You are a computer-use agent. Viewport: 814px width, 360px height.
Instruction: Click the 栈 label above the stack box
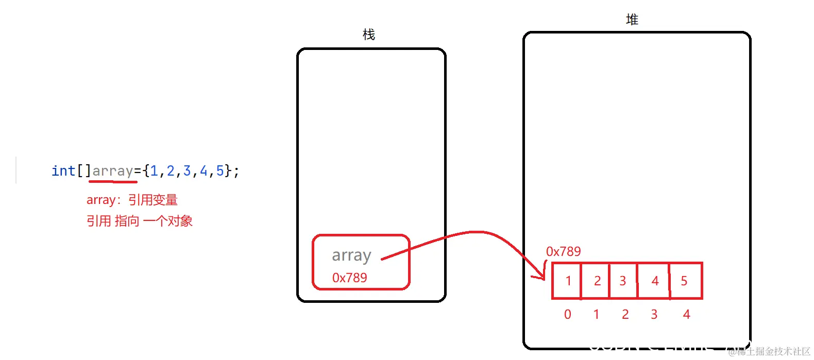tap(369, 35)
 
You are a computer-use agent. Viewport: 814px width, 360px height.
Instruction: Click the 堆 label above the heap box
tap(632, 20)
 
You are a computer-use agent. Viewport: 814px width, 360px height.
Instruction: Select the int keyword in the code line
tap(63, 170)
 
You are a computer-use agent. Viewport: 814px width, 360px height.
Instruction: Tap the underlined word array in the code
tap(113, 170)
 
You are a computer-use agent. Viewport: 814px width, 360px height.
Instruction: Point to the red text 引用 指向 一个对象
tap(139, 221)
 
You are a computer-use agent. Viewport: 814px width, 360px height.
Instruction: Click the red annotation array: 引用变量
tap(132, 200)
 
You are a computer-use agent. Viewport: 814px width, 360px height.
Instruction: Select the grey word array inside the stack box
tap(351, 255)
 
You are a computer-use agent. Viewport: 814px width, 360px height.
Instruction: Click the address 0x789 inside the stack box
tap(349, 278)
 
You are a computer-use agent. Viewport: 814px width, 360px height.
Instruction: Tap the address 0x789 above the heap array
tap(563, 251)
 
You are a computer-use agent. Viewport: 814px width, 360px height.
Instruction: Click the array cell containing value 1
tap(567, 281)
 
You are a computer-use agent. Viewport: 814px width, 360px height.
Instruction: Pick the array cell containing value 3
tap(623, 281)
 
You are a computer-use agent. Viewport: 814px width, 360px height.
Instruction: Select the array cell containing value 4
tap(654, 281)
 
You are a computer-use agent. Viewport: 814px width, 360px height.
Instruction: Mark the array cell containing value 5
tap(685, 281)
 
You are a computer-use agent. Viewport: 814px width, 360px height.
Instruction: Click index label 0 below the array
tap(567, 314)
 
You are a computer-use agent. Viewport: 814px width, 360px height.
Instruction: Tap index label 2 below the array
tap(625, 314)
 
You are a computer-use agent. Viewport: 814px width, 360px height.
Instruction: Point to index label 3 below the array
tap(654, 314)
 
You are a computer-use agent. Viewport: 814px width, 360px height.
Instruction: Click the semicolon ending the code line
tap(236, 172)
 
